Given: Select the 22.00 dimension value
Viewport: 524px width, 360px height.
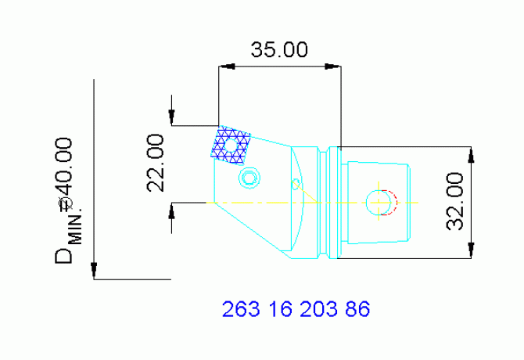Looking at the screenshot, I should coord(156,162).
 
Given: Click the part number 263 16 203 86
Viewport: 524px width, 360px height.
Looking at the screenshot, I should coord(296,309).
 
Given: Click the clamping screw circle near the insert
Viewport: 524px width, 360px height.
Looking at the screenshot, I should coord(249,178).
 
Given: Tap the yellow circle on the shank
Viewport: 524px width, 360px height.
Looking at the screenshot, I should coord(378,203).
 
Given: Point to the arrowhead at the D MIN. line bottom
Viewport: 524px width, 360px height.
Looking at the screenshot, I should coord(94,271).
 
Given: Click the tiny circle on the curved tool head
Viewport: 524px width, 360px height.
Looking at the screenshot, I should coord(295,184).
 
